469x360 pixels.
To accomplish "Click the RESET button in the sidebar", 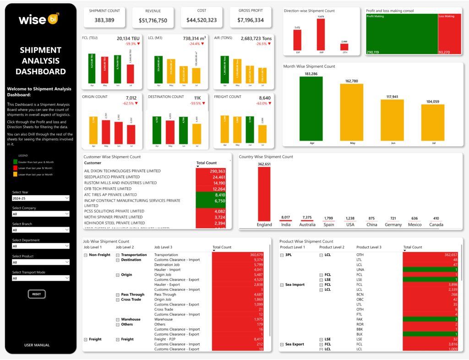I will pyautogui.click(x=37, y=294).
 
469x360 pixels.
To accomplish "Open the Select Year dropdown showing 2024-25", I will pyautogui.click(x=41, y=198).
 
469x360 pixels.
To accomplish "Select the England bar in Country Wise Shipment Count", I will pyautogui.click(x=264, y=193).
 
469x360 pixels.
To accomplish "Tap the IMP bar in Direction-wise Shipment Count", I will pyautogui.click(x=321, y=34).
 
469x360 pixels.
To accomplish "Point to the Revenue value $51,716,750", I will pyautogui.click(x=153, y=21).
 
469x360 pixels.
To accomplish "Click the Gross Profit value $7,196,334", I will pyautogui.click(x=251, y=20).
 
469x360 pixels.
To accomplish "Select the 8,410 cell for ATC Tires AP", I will pyautogui.click(x=212, y=195).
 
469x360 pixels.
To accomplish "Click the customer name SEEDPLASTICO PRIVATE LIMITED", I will pyautogui.click(x=112, y=177).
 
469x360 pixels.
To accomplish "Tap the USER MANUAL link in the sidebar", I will pyautogui.click(x=37, y=345).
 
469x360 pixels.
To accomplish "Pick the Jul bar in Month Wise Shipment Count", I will pyautogui.click(x=432, y=122).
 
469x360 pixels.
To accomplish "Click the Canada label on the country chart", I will pyautogui.click(x=436, y=224).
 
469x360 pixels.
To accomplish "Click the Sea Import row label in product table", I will pyautogui.click(x=295, y=284).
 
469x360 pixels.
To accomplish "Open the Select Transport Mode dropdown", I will pyautogui.click(x=41, y=278).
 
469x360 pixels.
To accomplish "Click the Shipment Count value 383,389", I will pyautogui.click(x=104, y=20).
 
